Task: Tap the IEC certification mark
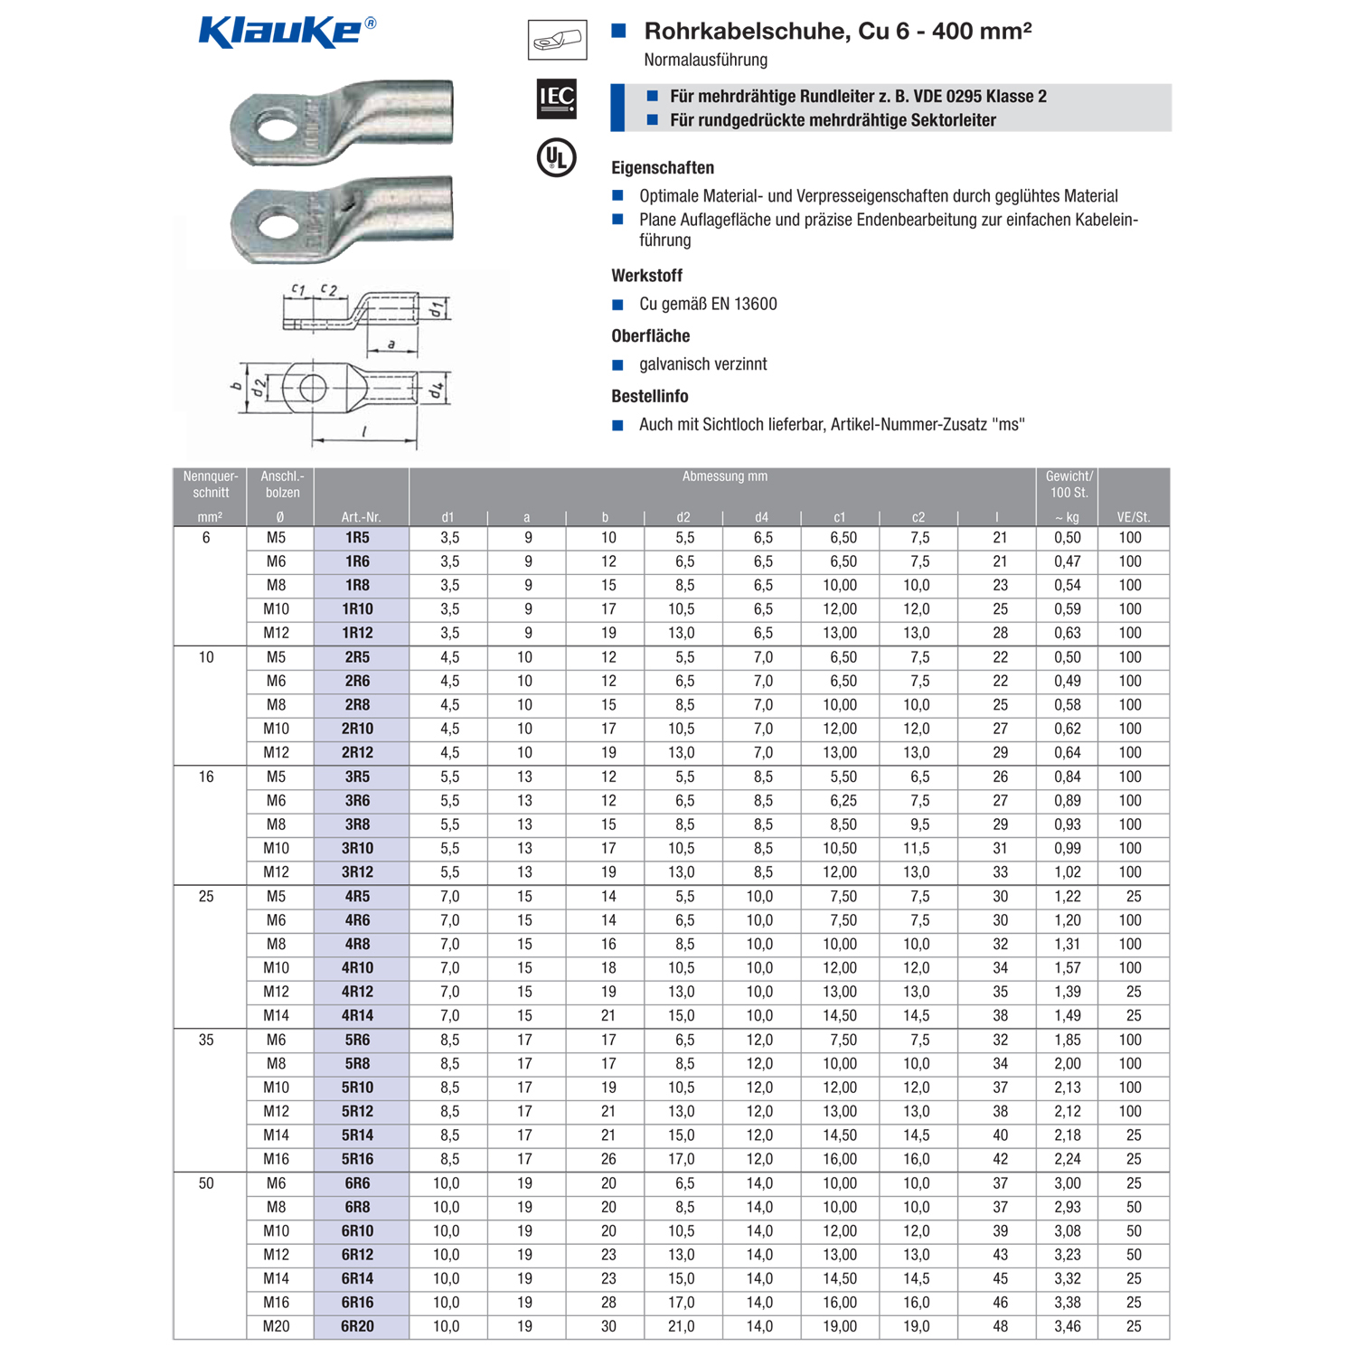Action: [556, 99]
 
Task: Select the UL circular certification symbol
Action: [556, 158]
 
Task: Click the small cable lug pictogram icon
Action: [557, 40]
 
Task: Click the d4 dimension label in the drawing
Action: [437, 391]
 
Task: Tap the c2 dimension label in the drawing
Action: [329, 290]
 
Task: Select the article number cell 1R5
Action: [357, 538]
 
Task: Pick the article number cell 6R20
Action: [357, 1326]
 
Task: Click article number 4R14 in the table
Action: [357, 1016]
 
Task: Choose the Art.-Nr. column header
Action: [361, 517]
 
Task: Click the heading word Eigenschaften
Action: [663, 168]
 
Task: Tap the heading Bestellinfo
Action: [649, 396]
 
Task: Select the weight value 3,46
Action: [1067, 1326]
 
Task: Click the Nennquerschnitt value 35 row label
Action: [206, 1041]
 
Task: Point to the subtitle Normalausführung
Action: [705, 61]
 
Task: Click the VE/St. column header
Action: [1133, 517]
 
